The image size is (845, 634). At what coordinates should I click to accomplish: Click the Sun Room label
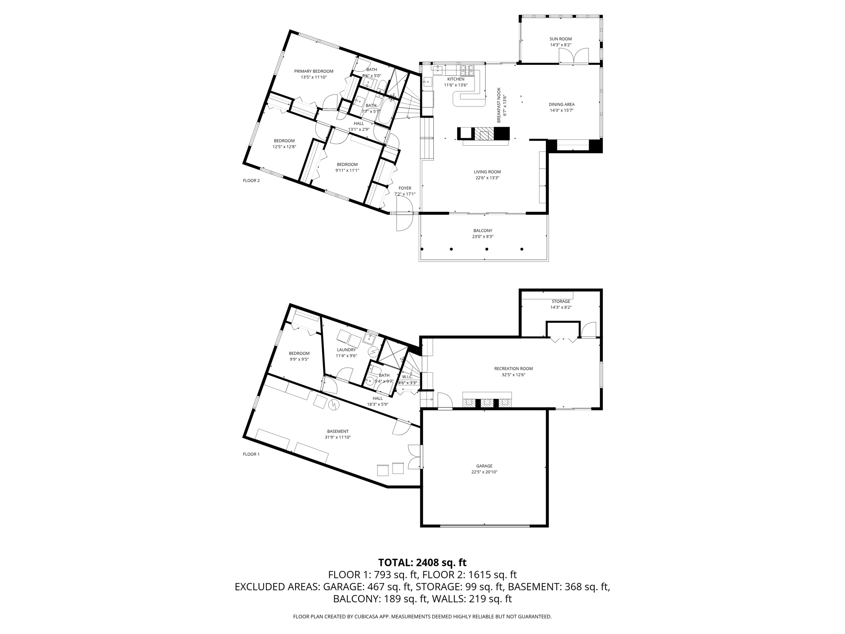point(560,39)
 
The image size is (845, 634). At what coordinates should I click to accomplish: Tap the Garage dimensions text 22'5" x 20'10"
point(484,472)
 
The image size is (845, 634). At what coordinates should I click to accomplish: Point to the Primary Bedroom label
point(314,71)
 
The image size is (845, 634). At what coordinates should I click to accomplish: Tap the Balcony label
point(482,231)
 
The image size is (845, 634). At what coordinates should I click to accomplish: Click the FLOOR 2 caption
point(251,180)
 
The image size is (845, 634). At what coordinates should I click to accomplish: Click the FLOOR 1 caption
point(251,454)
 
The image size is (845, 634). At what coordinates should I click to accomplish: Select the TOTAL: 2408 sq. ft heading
point(422,562)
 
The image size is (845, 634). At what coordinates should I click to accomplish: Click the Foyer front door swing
point(404,219)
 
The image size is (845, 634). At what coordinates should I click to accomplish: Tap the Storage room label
point(560,301)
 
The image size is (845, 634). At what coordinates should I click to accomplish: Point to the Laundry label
point(346,350)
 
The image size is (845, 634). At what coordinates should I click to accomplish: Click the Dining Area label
point(562,104)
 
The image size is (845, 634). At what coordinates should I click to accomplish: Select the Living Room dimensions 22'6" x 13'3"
point(487,178)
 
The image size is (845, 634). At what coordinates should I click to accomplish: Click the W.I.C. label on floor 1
point(407,377)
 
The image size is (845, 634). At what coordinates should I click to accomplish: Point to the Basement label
point(338,431)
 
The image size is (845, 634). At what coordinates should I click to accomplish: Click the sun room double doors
point(574,56)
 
